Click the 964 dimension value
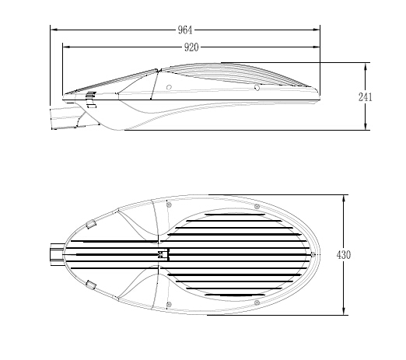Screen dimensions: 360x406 point(184,30)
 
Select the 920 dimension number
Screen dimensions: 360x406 point(191,47)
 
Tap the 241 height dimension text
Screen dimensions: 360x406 point(365,97)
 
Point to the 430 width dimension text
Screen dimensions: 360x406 point(343,255)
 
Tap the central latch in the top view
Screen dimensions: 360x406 point(163,254)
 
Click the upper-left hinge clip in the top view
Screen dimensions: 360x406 point(91,224)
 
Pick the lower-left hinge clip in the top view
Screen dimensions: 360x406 point(91,285)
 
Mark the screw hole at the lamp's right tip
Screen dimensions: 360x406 point(313,254)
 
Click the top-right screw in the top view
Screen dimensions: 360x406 point(257,206)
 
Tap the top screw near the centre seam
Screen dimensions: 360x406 point(170,205)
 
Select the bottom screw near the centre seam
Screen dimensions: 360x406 point(170,304)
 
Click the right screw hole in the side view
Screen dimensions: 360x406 point(257,87)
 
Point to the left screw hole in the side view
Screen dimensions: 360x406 point(170,87)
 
